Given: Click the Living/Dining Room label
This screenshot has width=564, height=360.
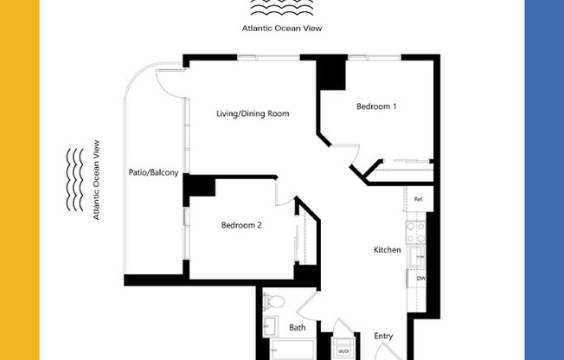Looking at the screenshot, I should click(252, 114).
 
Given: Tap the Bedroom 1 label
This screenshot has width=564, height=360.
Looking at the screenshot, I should click(376, 107).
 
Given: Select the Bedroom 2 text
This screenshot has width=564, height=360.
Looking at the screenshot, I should click(241, 226).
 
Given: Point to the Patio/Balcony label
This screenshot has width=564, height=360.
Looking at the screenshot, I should click(153, 173).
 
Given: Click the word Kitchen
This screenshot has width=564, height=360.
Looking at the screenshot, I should click(387, 250).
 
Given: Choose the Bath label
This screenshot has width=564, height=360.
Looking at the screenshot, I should click(298, 328).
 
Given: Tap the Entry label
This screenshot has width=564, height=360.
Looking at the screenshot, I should click(383, 336).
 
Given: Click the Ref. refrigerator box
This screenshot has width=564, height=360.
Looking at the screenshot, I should click(418, 200).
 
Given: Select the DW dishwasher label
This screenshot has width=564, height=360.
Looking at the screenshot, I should click(420, 279).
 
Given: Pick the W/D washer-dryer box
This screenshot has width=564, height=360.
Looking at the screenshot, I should click(343, 350).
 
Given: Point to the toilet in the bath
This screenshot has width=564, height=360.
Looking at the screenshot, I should click(275, 302).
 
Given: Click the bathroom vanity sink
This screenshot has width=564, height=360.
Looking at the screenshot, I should click(268, 327).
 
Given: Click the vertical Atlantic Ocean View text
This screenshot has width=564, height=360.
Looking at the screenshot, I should click(97, 180).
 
